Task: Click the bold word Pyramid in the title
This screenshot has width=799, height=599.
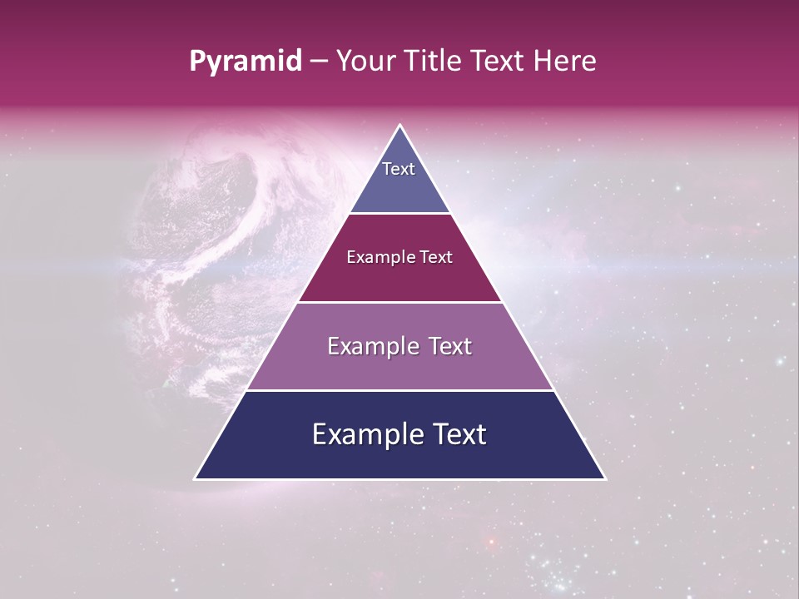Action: [245, 62]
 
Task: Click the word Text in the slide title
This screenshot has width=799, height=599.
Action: [497, 62]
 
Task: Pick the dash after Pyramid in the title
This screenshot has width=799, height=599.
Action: [319, 62]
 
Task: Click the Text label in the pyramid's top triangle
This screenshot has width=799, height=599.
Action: [399, 169]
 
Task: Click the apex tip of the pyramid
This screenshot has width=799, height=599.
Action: [400, 126]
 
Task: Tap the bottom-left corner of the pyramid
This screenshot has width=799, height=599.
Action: [196, 478]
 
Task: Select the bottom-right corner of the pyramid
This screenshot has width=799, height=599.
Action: [605, 478]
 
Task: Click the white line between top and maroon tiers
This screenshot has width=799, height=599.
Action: [400, 214]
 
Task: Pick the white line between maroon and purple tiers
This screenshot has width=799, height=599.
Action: [400, 302]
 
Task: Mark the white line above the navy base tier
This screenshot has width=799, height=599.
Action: [400, 390]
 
